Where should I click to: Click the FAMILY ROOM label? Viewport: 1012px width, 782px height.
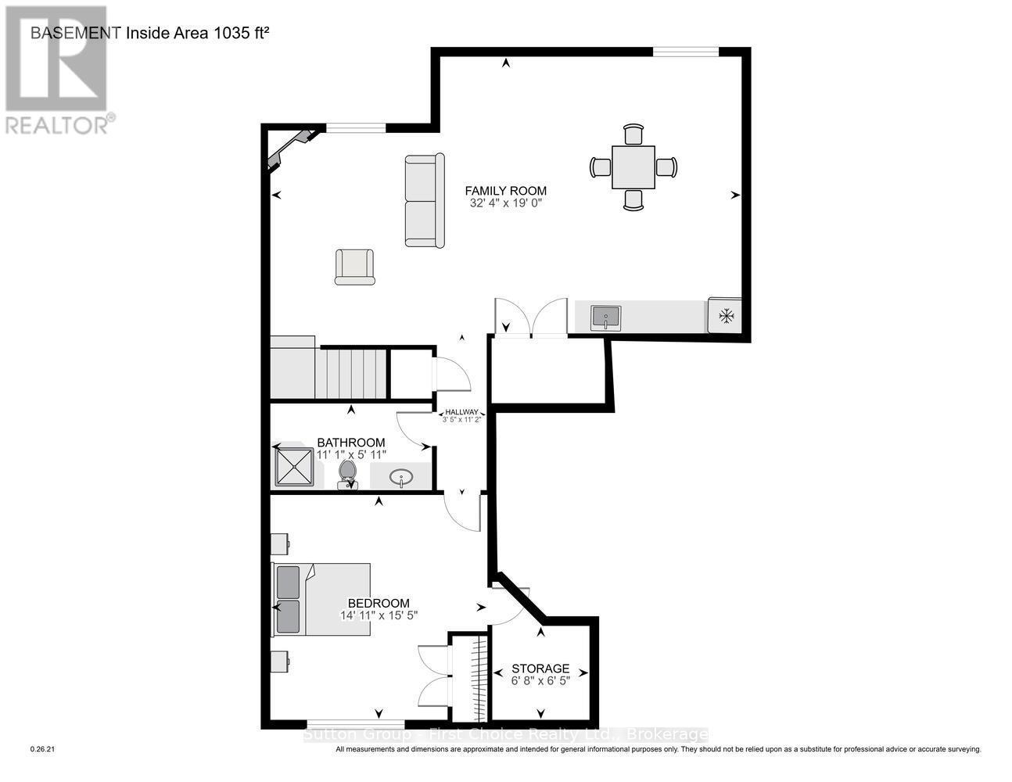505,190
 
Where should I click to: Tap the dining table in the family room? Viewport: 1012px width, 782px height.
633,167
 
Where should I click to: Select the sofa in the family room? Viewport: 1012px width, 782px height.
425,201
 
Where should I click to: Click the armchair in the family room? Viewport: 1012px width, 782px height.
354,267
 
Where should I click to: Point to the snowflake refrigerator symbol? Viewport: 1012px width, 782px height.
727,316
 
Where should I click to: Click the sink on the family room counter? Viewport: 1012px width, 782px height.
605,317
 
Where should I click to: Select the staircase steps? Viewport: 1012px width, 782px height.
351,374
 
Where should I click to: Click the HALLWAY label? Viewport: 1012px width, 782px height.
461,412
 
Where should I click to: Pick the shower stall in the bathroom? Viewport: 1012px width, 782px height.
295,466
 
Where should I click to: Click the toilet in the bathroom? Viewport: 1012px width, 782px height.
347,474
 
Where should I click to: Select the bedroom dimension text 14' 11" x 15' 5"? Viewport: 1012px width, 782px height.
379,615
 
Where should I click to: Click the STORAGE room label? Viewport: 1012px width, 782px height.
540,669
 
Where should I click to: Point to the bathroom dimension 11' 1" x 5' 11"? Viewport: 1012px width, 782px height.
351,454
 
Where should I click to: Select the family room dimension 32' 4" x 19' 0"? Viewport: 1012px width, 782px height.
505,203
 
